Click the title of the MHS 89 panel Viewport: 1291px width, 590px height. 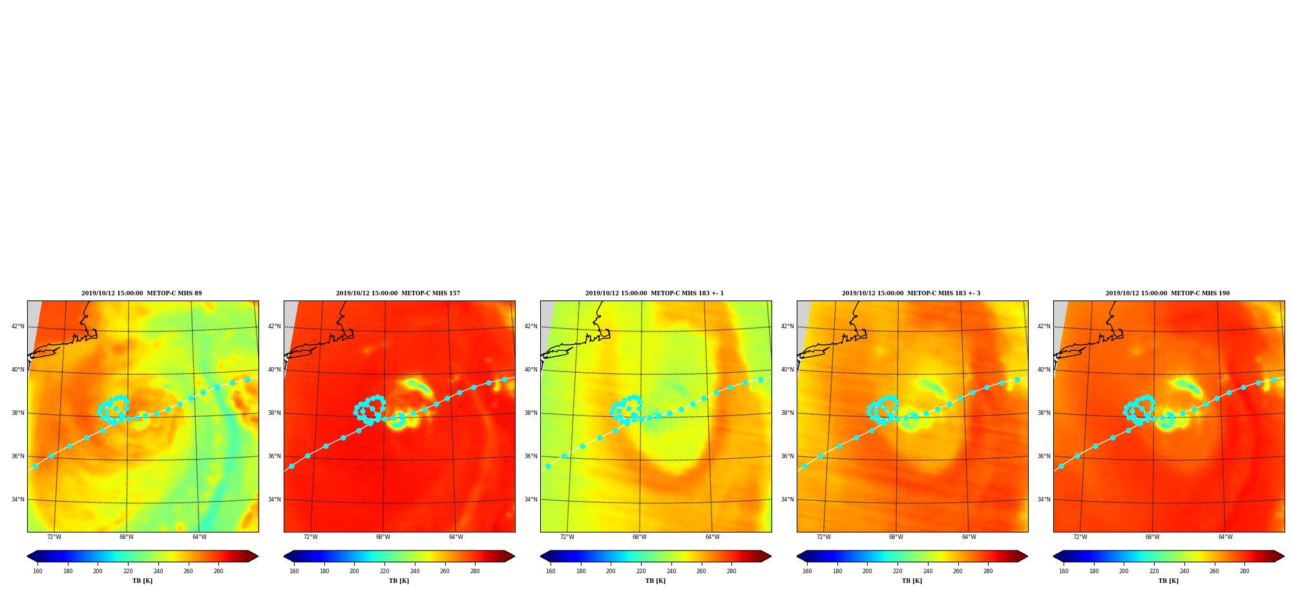(x=142, y=293)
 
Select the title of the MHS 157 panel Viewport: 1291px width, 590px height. (x=398, y=293)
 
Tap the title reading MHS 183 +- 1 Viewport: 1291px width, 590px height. (x=655, y=293)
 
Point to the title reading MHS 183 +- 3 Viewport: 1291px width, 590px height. (x=911, y=293)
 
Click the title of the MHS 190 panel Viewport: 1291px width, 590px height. (x=1168, y=293)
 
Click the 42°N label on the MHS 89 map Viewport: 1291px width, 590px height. (x=18, y=326)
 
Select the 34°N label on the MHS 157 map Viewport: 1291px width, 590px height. (x=275, y=500)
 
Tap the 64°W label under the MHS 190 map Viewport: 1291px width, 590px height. (x=1226, y=537)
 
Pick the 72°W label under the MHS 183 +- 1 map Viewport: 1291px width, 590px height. (x=567, y=537)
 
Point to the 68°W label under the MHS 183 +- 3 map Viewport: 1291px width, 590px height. (x=896, y=537)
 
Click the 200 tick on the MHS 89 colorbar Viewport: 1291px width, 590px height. (x=98, y=571)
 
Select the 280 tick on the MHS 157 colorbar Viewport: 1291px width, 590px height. (x=475, y=571)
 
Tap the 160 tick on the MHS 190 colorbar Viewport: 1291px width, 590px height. (x=1064, y=571)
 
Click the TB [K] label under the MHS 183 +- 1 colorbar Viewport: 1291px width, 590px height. (x=656, y=581)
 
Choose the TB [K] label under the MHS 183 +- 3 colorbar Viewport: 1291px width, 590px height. (x=912, y=581)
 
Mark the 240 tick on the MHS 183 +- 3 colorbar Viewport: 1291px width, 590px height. (x=928, y=571)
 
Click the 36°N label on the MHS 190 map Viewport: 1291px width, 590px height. (x=1044, y=456)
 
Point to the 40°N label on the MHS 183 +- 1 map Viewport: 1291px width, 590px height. (x=531, y=370)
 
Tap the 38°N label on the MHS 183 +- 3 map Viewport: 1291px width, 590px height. (x=788, y=413)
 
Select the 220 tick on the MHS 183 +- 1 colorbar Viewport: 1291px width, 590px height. (x=641, y=571)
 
